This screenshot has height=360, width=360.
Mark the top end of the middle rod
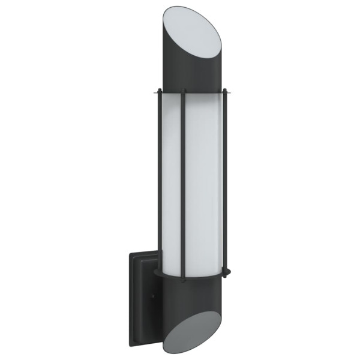pyautogui.click(x=183, y=90)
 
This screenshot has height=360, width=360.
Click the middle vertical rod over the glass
pyautogui.click(x=184, y=180)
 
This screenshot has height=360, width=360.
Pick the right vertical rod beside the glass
pyautogui.click(x=226, y=180)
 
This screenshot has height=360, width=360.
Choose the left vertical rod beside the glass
pyautogui.click(x=158, y=180)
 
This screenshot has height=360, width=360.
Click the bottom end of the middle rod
pyautogui.click(x=184, y=277)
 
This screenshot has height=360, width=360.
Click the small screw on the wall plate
pyautogui.click(x=153, y=296)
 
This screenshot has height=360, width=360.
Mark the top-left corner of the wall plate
pyautogui.click(x=130, y=252)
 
